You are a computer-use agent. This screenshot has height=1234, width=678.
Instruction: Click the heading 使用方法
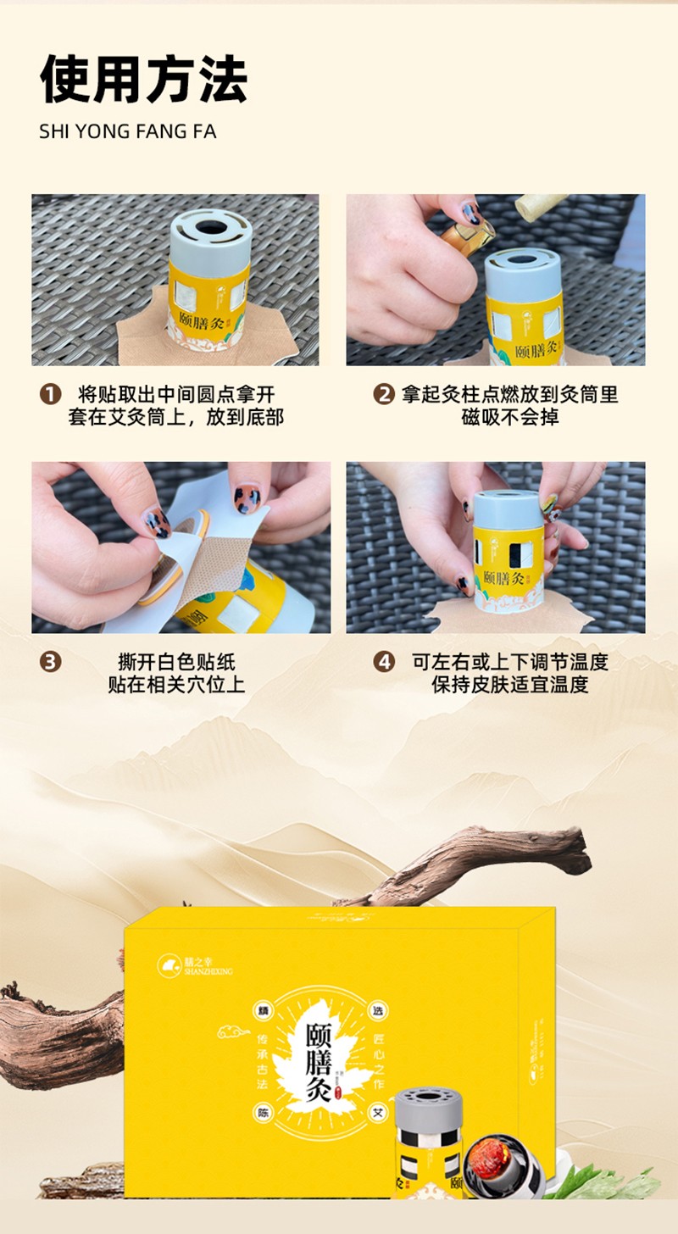tap(143, 80)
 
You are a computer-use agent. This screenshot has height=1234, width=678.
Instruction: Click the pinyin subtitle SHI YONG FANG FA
tap(127, 132)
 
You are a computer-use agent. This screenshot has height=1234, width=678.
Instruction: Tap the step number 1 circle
tap(51, 394)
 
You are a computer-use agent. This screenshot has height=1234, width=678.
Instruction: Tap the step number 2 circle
tap(385, 394)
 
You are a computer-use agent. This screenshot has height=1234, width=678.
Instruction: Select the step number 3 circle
tap(51, 662)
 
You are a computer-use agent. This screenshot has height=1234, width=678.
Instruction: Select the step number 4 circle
tap(385, 662)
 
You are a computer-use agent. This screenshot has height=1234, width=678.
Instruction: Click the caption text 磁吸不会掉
tap(510, 417)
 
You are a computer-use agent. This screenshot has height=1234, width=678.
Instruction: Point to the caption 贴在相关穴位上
tap(176, 685)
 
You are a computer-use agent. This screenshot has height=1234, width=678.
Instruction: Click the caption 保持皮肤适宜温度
tap(510, 685)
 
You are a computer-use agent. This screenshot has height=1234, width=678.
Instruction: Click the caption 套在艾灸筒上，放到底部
tap(176, 417)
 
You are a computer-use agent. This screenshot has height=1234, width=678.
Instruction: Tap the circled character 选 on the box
tap(377, 1012)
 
